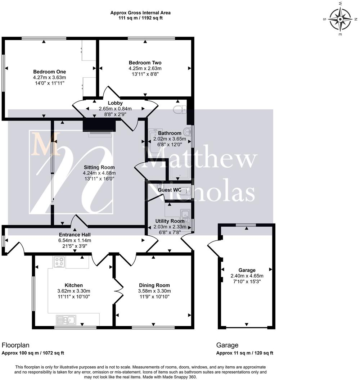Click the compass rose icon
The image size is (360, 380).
click(x=340, y=19)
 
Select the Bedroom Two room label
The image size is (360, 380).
click(x=145, y=63)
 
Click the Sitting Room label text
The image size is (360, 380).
click(x=99, y=167)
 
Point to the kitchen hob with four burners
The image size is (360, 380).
click(x=59, y=262)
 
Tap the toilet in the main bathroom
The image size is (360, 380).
click(x=179, y=109)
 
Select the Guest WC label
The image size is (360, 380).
click(x=170, y=190)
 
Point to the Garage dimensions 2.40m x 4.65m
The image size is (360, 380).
click(x=247, y=276)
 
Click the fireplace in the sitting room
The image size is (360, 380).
click(x=99, y=126)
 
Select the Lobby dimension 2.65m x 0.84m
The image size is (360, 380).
click(x=115, y=109)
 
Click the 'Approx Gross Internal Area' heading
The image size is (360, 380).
click(x=140, y=13)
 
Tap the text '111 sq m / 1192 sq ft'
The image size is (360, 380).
click(x=140, y=18)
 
